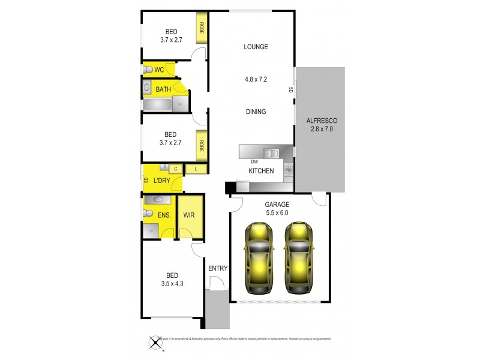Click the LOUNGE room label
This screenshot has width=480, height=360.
pos(256,47)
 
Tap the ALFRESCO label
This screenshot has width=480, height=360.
pos(320,119)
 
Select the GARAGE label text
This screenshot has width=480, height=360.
pos(277,205)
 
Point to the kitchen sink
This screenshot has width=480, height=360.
pos(272,152)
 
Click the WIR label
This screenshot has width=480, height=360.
pos(189,215)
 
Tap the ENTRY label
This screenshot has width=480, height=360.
pos(218,268)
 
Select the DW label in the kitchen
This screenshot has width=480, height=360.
pos(254,162)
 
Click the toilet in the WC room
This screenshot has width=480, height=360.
pos(148,70)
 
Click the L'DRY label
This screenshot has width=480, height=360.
pos(161,181)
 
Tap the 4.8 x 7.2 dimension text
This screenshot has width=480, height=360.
pos(256,78)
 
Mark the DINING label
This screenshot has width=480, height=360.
pos(256,112)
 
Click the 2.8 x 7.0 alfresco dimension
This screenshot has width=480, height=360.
pos(320,129)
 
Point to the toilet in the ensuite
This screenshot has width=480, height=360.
pos(148,213)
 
